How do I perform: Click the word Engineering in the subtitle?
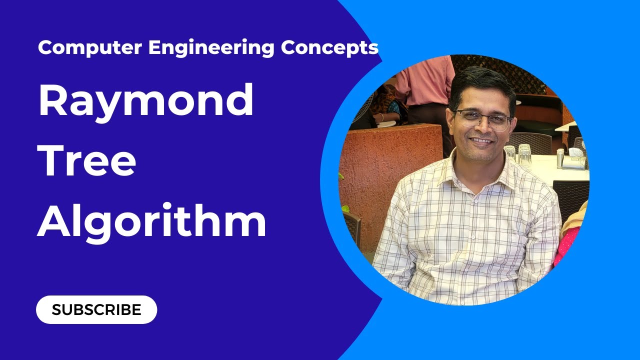coord(210,48)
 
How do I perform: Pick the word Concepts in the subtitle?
coord(329,48)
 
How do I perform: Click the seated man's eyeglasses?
coord(483,119)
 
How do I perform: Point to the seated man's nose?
coord(481,128)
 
